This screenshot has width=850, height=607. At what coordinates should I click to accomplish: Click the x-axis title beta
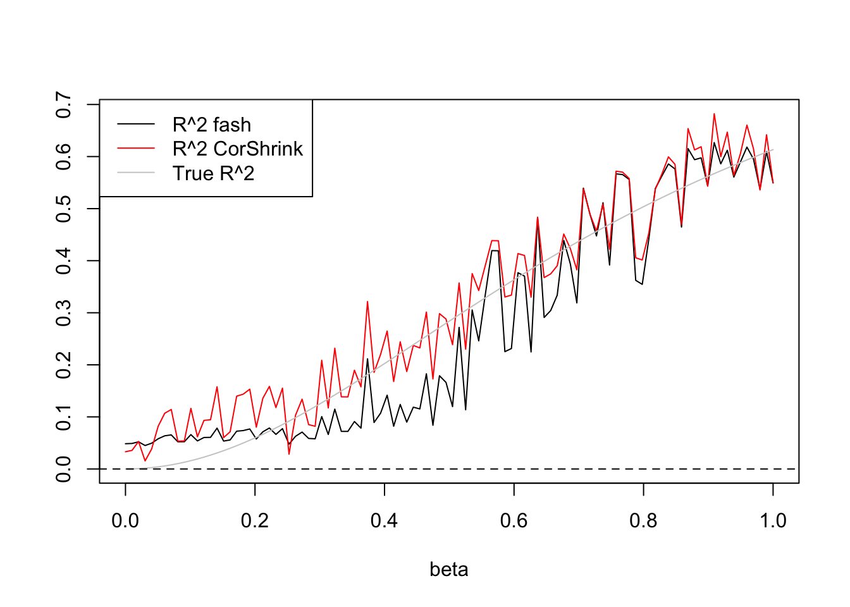coord(448,570)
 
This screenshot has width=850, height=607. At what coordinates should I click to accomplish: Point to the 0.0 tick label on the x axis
coord(125,521)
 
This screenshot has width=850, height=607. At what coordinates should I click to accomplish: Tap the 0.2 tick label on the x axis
coord(255,521)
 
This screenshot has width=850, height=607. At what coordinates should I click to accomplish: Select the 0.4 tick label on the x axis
coord(385,521)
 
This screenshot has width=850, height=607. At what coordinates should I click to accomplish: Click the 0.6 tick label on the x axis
coord(514,521)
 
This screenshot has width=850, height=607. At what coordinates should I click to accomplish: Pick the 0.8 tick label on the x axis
coord(643,521)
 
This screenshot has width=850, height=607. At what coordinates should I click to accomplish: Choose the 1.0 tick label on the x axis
coord(773,521)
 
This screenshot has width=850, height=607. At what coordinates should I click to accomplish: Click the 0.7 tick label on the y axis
coord(64,104)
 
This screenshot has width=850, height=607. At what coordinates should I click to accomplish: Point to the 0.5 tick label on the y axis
coord(64,209)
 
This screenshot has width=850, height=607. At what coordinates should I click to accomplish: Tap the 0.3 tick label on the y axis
coord(64,313)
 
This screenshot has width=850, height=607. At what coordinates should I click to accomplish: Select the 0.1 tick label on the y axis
coord(64,417)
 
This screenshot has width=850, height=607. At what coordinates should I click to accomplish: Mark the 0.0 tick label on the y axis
coord(64,469)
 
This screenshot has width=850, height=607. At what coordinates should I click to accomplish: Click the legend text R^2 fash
coord(212,125)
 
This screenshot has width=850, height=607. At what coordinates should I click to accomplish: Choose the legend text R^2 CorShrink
coord(238,149)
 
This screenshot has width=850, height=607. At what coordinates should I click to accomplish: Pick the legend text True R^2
coord(213,173)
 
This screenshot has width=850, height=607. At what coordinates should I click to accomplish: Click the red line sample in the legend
coord(136,149)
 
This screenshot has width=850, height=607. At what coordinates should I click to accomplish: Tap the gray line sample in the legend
coord(136,173)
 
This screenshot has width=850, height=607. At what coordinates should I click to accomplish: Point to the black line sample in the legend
coord(136,125)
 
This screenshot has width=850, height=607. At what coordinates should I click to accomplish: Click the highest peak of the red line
coord(714,114)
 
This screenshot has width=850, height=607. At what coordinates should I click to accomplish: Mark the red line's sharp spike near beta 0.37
coord(367,302)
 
